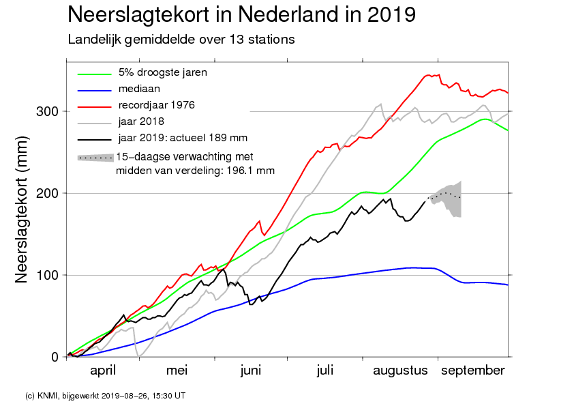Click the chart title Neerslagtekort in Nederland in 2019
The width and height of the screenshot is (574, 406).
[241, 15]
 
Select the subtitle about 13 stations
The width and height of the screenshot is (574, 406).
[181, 40]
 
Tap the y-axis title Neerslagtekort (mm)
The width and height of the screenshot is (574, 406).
[22, 209]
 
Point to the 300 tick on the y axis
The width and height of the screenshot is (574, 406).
[48, 111]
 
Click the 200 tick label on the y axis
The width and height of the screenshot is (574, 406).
[48, 193]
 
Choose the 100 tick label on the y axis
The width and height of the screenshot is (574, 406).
[48, 275]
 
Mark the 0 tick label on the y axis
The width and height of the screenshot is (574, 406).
[55, 357]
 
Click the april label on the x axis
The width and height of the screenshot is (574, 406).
[103, 371]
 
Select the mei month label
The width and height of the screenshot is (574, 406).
[177, 371]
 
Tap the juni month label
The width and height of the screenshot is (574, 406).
[251, 371]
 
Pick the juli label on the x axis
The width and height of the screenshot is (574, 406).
[325, 371]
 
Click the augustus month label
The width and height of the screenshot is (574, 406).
[400, 371]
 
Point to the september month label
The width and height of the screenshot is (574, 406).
[473, 371]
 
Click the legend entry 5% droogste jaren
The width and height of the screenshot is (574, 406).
[162, 72]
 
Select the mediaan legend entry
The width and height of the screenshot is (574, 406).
[139, 89]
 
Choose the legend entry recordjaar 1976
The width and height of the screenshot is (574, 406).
[156, 105]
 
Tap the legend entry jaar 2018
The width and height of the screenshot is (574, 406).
[141, 121]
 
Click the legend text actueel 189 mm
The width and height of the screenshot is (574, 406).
[209, 138]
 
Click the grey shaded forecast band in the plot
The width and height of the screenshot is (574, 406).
[449, 199]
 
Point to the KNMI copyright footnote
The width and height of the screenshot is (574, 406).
[106, 396]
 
